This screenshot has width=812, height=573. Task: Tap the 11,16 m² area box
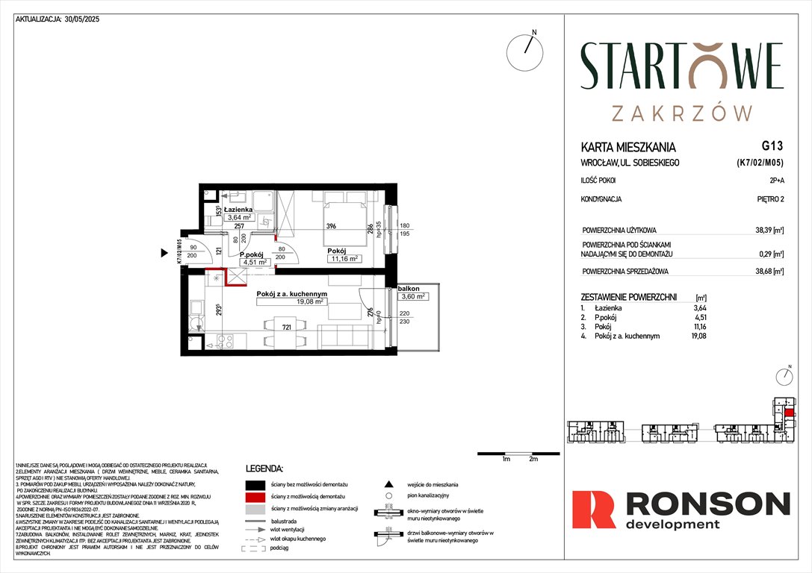(344, 259)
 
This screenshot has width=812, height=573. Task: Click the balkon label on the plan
(409, 288)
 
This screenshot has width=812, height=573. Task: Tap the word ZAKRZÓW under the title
(681, 113)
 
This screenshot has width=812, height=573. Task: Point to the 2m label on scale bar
(533, 460)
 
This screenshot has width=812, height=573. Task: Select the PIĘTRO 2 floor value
(769, 200)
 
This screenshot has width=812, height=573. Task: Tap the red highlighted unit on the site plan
(789, 411)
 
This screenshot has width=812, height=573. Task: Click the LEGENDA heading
(264, 469)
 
